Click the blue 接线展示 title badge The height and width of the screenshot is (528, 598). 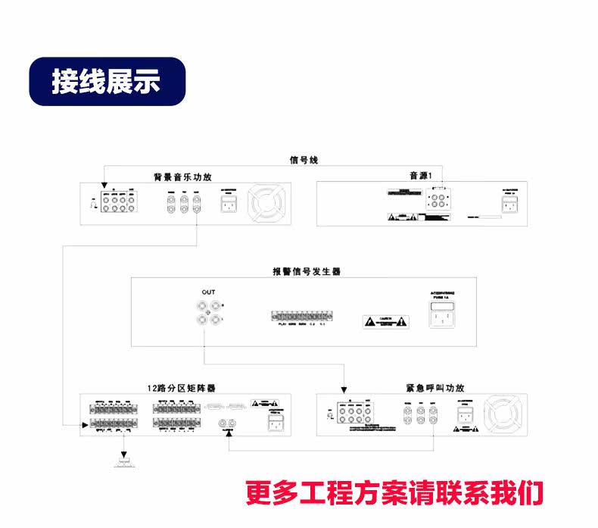(x=107, y=81)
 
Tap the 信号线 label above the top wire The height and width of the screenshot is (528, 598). (x=305, y=160)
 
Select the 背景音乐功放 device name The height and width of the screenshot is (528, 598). (x=182, y=177)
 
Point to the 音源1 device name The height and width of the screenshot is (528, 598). (x=419, y=176)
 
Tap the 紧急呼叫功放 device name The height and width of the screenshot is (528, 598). (x=432, y=387)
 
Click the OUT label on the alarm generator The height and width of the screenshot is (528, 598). (x=208, y=292)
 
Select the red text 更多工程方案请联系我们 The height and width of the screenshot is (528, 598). (x=394, y=492)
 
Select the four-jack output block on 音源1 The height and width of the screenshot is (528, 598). (x=438, y=198)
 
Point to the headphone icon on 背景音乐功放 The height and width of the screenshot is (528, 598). (x=92, y=203)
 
